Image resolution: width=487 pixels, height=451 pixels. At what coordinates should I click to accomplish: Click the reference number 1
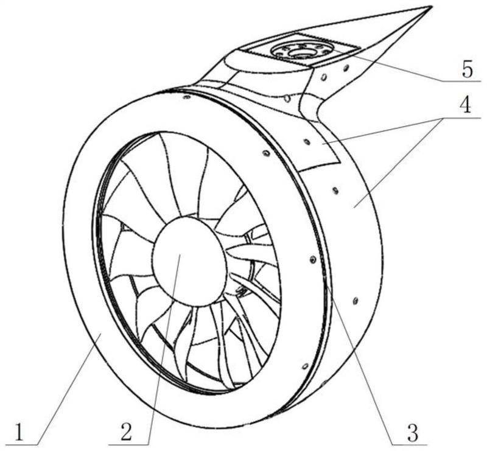tap(19, 432)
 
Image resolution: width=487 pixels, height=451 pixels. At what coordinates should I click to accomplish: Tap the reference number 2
tap(127, 432)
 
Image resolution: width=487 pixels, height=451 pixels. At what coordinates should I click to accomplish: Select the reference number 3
tap(413, 432)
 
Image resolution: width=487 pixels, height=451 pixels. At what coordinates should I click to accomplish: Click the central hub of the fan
tap(189, 262)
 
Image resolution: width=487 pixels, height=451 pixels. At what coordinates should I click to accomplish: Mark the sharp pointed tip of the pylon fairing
tap(431, 7)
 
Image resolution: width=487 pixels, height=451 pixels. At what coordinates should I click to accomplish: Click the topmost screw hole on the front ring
tap(187, 98)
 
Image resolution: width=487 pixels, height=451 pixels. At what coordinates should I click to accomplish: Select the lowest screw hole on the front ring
tap(305, 366)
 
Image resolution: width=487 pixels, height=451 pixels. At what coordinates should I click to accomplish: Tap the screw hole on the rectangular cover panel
tap(307, 142)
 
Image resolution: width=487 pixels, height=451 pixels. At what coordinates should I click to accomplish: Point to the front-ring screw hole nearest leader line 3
tap(313, 259)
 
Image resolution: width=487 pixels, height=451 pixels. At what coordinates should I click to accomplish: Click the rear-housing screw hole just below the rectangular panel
tap(335, 190)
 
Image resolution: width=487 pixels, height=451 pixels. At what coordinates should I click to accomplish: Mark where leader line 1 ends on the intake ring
tap(100, 333)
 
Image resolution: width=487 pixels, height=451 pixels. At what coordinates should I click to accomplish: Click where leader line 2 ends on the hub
tap(181, 254)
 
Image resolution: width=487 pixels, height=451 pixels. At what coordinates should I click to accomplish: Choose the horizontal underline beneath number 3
tap(408, 445)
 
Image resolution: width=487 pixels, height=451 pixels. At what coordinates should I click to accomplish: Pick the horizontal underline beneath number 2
tap(130, 445)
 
